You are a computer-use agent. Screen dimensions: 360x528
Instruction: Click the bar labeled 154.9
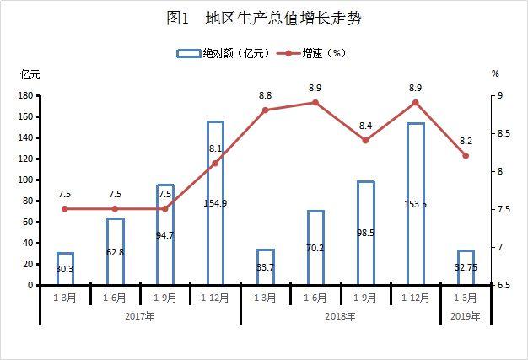pos(215,203)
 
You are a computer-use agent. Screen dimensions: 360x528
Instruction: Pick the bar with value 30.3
pos(65,269)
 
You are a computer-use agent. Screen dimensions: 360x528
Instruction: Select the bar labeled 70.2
pos(315,248)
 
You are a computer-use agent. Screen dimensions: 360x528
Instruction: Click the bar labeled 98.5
pos(365,234)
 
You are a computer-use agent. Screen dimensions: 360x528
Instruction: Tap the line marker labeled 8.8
pos(265,110)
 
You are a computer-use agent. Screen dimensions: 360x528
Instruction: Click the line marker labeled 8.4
pos(365,140)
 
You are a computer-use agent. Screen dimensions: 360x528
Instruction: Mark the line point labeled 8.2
pos(466,156)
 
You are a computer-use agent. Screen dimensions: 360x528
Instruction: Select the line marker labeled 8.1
pos(215,163)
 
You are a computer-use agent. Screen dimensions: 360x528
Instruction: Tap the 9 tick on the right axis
pos(498,96)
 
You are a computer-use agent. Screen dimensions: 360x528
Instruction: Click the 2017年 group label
pos(140,317)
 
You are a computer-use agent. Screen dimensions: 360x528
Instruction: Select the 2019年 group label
pos(466,317)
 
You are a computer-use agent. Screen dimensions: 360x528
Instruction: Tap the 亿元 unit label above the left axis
pos(30,74)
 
